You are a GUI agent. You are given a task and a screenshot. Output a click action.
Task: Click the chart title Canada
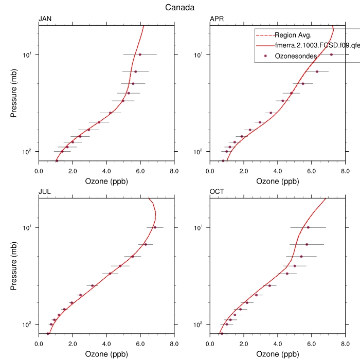coord(179,7)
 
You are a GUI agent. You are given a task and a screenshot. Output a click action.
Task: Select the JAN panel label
coord(45,20)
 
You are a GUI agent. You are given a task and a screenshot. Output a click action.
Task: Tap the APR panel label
coord(217,20)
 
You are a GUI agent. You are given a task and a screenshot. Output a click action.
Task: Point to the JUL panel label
coord(45,192)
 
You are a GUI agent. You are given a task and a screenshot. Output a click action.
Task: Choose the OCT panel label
coord(217,192)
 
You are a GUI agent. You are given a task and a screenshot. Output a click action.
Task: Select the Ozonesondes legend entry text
coord(296,56)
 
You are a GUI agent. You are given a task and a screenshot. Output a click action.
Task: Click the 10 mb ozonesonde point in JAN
coord(140,55)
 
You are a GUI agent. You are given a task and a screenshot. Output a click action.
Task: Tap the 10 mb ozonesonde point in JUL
coord(155,227)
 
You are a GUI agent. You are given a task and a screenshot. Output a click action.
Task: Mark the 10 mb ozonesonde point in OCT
coord(308,227)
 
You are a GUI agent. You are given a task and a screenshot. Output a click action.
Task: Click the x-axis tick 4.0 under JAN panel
coord(106,171)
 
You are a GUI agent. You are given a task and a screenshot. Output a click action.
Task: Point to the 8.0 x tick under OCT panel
coord(346,344)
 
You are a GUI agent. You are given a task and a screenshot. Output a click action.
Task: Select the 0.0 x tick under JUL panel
coord(39,344)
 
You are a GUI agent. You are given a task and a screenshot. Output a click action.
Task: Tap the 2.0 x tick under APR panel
coord(244,171)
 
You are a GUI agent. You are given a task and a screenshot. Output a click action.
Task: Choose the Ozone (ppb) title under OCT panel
coord(278,354)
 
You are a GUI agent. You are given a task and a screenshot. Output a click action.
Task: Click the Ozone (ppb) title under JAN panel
coord(106,181)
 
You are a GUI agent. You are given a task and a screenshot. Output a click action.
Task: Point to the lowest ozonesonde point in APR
coord(223,161)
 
